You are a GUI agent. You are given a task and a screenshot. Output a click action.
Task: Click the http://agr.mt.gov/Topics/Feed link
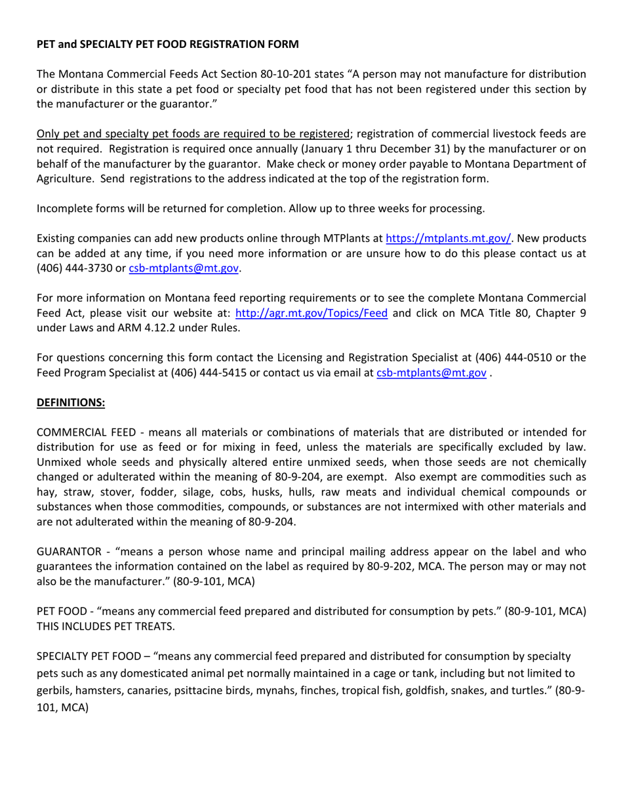pos(311,313)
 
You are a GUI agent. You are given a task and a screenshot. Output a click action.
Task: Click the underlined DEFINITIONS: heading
pos(71,402)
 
